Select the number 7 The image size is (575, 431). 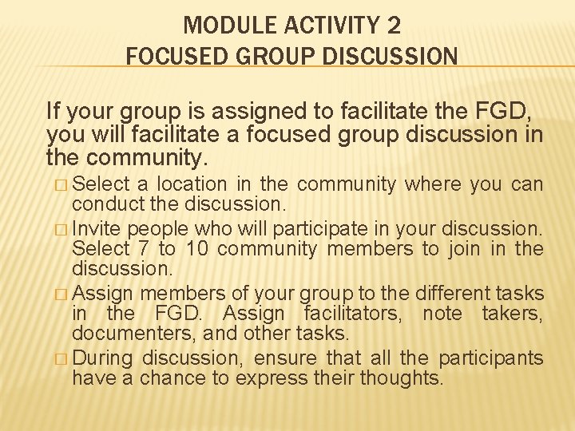(142, 249)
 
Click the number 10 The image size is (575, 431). (195, 249)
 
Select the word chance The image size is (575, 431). (169, 378)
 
